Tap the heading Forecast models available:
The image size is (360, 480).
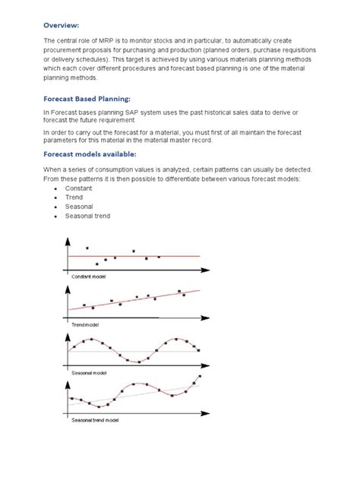click(94, 154)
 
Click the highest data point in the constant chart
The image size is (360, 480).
click(87, 248)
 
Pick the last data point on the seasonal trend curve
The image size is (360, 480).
click(200, 377)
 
